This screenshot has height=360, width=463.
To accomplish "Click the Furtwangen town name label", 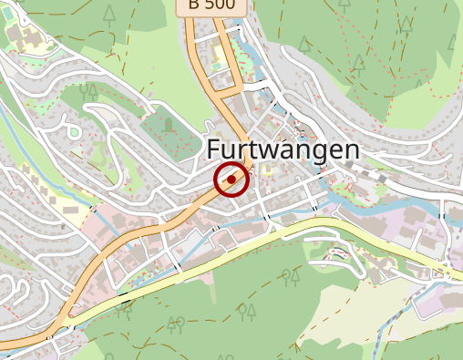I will click(283, 150).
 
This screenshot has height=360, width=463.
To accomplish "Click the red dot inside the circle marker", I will click(231, 180).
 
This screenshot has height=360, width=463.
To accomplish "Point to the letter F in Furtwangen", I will click(215, 149).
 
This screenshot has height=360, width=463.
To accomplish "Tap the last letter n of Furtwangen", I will click(351, 150).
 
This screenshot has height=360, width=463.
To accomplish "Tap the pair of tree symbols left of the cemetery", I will click(88, 90).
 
